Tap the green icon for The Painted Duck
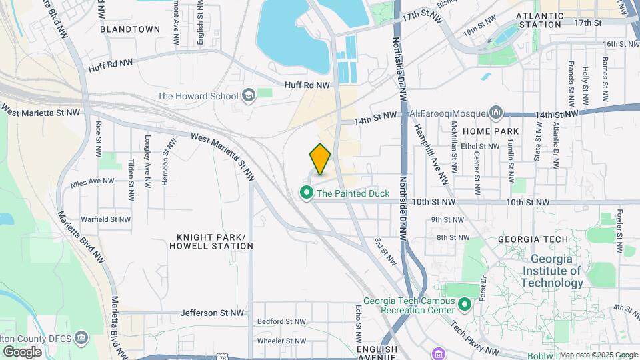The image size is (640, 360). tap(307, 194)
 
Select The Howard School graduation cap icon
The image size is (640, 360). tap(249, 95)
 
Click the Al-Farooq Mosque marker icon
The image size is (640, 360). tap(496, 112)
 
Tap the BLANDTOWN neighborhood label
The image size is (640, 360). tap(130, 29)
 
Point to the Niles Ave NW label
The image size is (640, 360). tap(93, 181)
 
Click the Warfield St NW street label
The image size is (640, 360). tap(105, 219)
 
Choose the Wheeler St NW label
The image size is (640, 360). tap(281, 341)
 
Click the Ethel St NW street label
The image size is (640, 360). tap(479, 147)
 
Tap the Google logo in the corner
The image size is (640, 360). tap(22, 351)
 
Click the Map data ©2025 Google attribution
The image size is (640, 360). tap(598, 355)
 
